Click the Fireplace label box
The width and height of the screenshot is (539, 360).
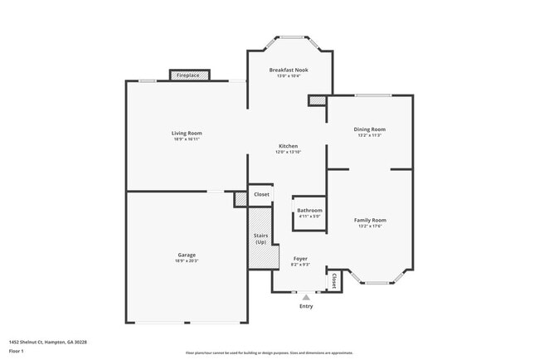click(189, 75)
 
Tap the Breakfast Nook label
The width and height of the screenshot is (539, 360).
click(289, 71)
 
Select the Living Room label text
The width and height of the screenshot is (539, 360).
click(187, 133)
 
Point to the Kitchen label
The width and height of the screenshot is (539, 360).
click(288, 146)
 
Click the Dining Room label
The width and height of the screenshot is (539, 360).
click(371, 129)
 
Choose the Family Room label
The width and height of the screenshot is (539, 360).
click(370, 220)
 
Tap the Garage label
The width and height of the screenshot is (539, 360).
click(187, 255)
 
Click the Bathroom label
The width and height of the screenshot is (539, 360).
click(309, 211)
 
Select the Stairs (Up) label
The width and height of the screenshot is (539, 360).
click(260, 239)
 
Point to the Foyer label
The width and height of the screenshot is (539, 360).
click(300, 259)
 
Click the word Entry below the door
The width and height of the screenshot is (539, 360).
click(306, 307)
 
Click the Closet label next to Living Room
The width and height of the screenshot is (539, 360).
click(261, 194)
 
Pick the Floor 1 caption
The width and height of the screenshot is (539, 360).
click(17, 352)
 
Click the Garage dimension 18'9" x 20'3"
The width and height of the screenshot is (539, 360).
click(187, 261)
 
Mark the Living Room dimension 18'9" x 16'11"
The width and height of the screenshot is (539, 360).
click(187, 139)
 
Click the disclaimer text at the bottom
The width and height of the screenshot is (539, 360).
click(269, 353)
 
